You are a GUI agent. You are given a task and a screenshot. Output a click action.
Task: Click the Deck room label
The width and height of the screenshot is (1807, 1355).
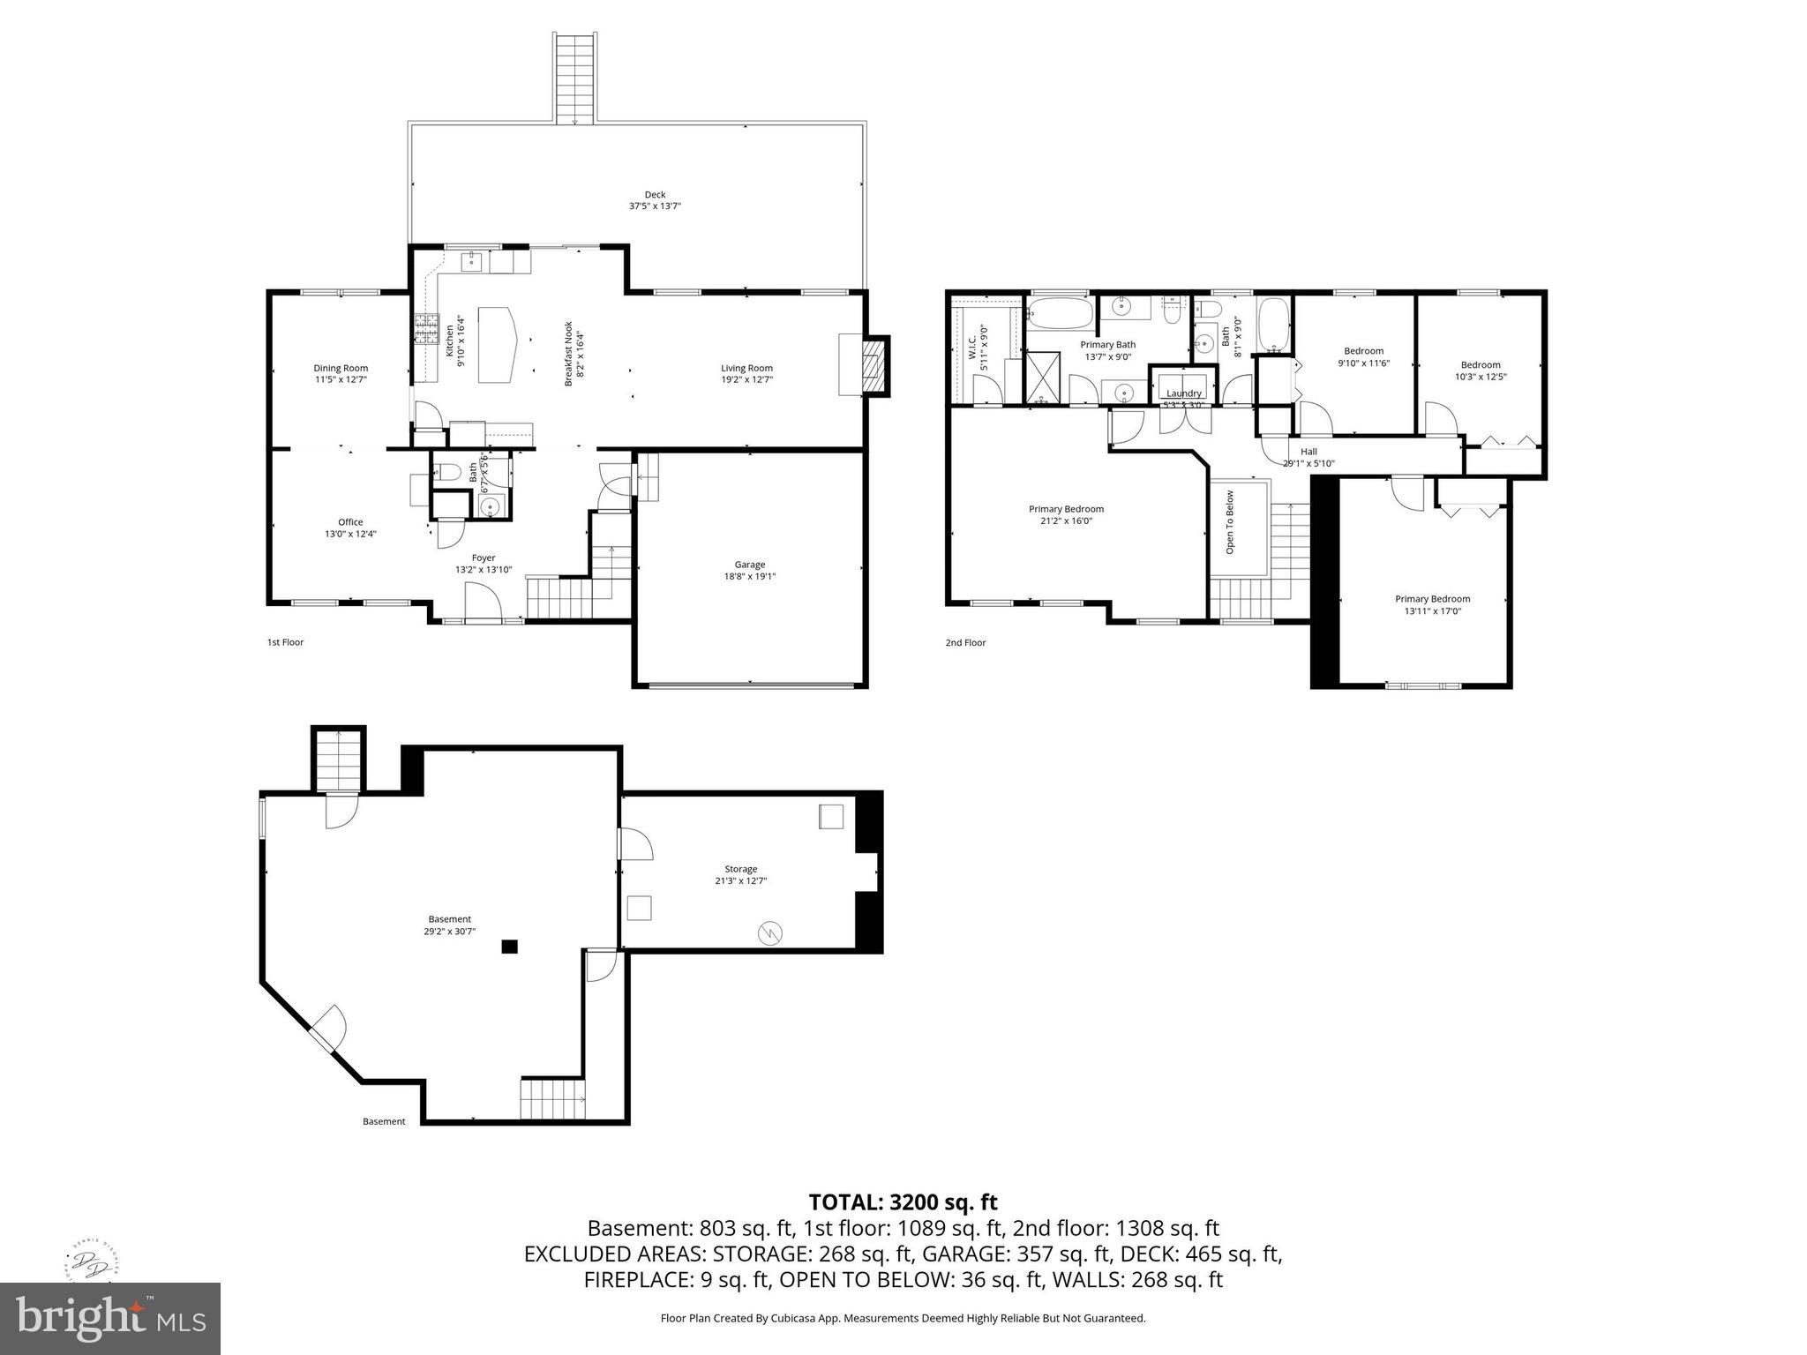tap(655, 195)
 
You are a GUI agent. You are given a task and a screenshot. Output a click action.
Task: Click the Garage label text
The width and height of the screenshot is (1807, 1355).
tap(750, 565)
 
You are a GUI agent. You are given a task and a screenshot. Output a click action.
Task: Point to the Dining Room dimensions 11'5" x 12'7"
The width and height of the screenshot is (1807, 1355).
tap(341, 380)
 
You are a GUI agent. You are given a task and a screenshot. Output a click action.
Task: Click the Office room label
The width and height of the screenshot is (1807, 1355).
tap(350, 522)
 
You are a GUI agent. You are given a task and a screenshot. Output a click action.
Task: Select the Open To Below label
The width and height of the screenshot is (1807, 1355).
tap(1230, 522)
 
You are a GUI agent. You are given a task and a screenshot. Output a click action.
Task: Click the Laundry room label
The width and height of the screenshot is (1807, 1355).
tap(1183, 393)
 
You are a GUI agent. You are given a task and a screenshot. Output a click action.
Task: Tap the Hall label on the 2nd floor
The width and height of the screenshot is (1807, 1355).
tap(1308, 452)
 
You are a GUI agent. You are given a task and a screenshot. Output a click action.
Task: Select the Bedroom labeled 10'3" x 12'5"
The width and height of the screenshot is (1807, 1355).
tap(1481, 365)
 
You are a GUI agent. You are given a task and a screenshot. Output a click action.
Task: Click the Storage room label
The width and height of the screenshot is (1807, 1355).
tap(741, 869)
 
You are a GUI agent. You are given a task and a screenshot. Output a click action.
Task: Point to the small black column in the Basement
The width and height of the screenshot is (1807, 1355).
tap(509, 947)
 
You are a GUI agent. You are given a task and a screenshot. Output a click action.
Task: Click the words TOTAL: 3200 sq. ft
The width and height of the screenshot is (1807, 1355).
tap(903, 1202)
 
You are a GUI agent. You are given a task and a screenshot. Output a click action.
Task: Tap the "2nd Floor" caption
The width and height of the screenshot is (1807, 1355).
tap(965, 642)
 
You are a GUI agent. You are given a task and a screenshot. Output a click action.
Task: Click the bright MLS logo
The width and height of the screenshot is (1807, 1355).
tap(109, 1319)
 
